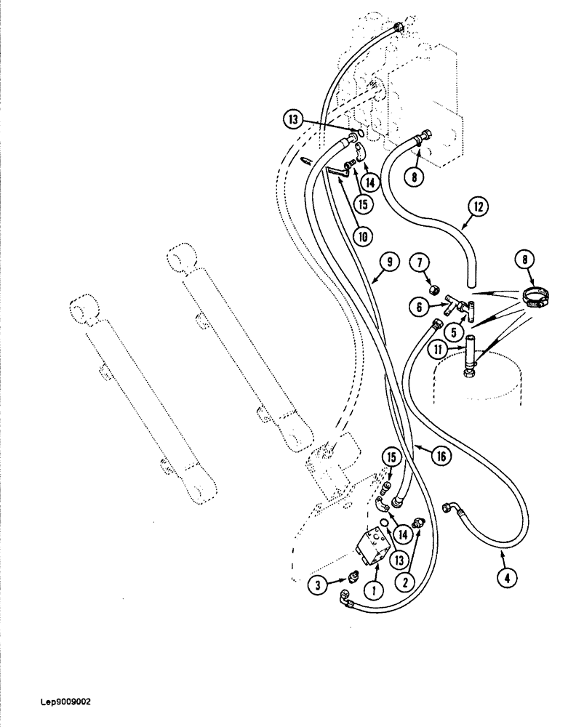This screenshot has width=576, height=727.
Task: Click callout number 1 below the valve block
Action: [x=375, y=591]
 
